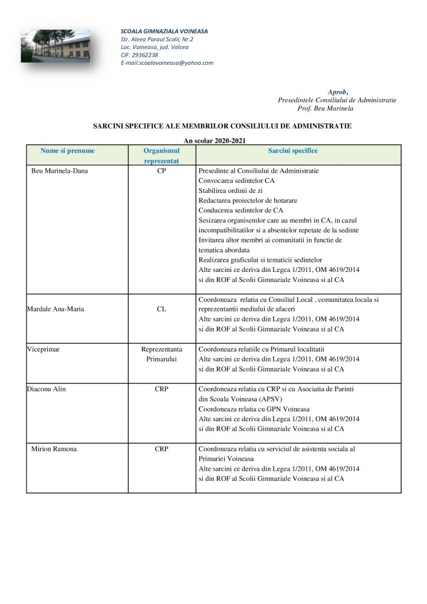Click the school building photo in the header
(55, 46)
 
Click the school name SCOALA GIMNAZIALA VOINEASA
(164, 31)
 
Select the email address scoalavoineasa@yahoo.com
(167, 63)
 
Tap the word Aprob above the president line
(337, 91)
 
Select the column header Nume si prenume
(67, 150)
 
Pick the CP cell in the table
(162, 171)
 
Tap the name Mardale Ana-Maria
(55, 308)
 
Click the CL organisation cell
(162, 308)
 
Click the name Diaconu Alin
(47, 389)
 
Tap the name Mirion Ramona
(54, 449)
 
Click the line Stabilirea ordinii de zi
(231, 191)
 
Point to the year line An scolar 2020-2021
(214, 140)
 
